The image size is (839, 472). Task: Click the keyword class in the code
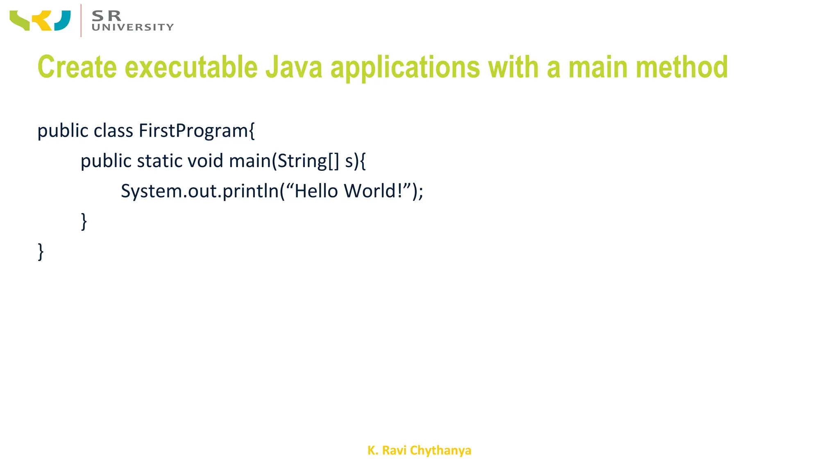click(113, 131)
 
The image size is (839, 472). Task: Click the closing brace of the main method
click(84, 221)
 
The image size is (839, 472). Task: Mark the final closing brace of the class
click(41, 252)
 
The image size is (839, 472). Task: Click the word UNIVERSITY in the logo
click(133, 27)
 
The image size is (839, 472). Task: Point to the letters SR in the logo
click(107, 16)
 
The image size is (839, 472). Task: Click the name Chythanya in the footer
click(440, 450)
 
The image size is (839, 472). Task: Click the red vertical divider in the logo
click(81, 20)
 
